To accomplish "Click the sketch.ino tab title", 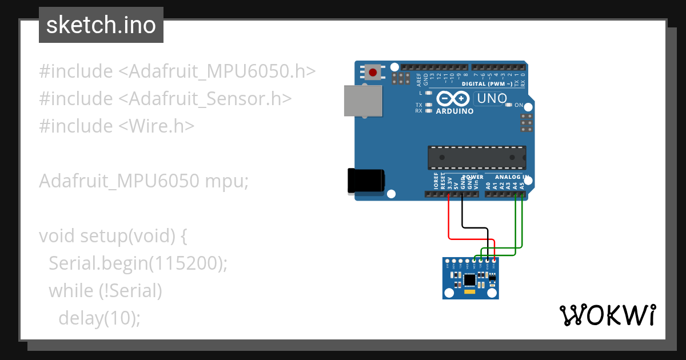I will (101, 25).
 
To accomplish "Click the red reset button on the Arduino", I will (373, 73).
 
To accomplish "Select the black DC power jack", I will (366, 181).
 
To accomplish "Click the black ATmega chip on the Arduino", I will (477, 157).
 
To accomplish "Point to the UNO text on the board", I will (492, 98).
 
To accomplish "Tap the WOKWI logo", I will (607, 315).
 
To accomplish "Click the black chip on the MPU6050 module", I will (470, 279).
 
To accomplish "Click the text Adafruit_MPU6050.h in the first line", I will (217, 71).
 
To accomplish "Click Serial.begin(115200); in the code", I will (138, 263).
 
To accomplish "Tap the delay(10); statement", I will (99, 318).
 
